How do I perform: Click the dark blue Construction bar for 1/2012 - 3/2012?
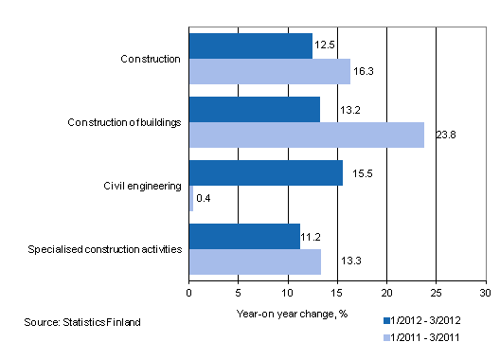251,45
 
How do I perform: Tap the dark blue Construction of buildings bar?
255,109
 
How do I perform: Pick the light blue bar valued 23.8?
307,135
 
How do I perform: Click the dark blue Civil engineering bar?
266,172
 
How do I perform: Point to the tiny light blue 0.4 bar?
191,198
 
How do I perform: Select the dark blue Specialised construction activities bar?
244,236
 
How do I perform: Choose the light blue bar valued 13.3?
255,261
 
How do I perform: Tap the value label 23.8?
441,135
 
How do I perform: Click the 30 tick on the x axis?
486,293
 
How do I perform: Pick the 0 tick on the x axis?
189,293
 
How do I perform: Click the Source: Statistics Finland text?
82,322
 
